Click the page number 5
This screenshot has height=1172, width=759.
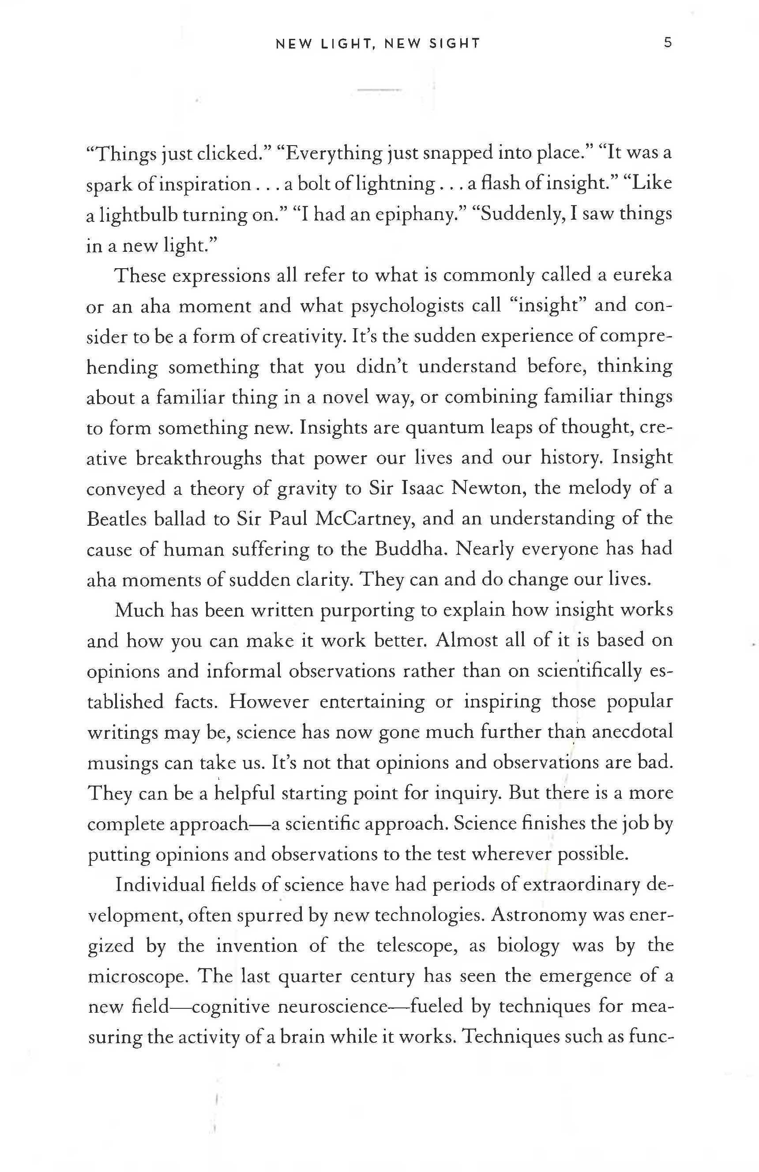coord(667,43)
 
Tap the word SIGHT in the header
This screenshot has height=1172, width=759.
coord(454,44)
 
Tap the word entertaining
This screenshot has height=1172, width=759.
coord(372,702)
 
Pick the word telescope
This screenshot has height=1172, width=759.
coord(417,946)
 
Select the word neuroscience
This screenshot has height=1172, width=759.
coord(333,1007)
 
